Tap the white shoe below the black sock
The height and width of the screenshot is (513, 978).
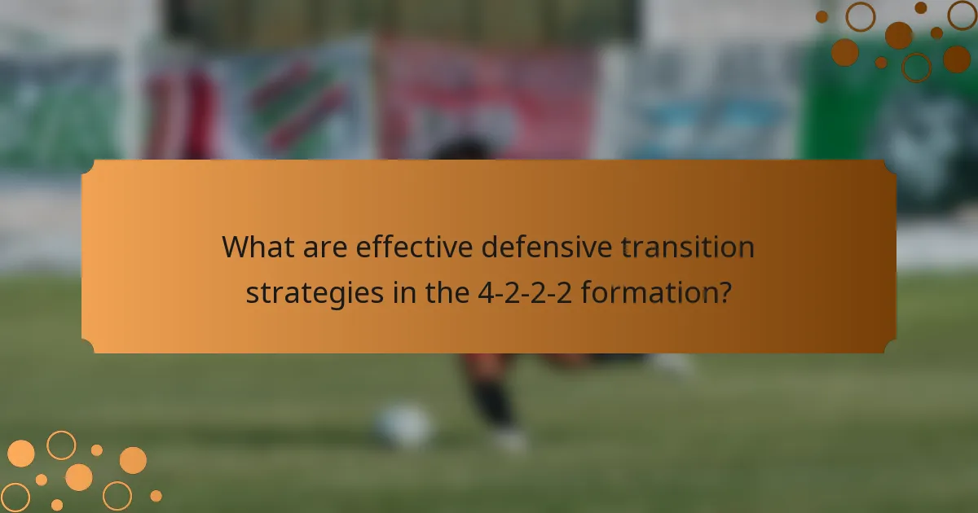tap(510, 440)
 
